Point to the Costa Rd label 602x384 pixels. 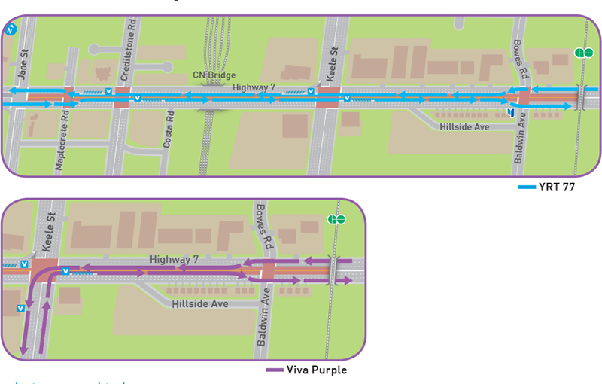click(x=171, y=128)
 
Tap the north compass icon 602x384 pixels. click(x=11, y=30)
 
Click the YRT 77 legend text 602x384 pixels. click(x=558, y=187)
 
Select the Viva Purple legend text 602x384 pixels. click(x=317, y=370)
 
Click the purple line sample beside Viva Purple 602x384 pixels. click(x=275, y=370)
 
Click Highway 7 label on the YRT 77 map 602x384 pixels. click(x=253, y=88)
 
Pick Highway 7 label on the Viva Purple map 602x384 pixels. click(x=174, y=259)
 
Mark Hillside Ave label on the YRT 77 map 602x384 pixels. click(x=465, y=127)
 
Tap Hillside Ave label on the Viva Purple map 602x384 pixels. click(x=199, y=304)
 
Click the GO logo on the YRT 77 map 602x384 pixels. click(x=584, y=53)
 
